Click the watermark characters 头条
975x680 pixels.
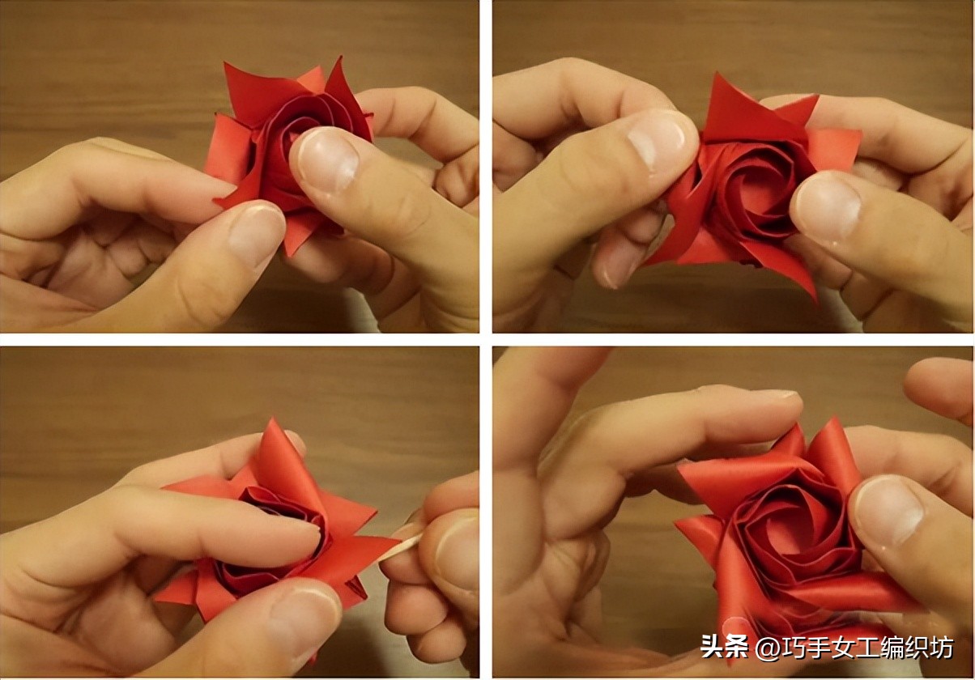pyautogui.click(x=724, y=647)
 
